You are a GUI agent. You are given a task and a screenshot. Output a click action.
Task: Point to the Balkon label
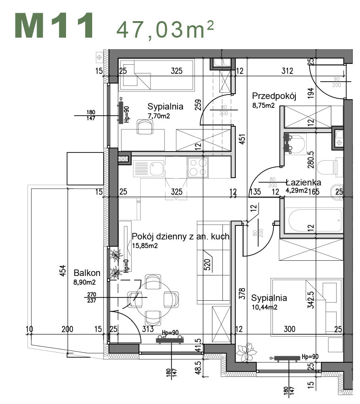87,273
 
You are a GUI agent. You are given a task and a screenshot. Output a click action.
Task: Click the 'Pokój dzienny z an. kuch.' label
181,236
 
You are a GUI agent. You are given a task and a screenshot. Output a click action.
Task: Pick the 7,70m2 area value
159,116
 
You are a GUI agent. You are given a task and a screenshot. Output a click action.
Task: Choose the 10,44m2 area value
264,307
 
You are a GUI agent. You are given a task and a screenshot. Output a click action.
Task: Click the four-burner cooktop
198,167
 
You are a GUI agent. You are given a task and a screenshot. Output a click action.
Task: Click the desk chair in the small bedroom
145,126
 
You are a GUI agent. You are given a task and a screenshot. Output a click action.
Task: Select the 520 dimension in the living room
207,265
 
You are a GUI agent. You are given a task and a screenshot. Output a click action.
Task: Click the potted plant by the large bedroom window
247,353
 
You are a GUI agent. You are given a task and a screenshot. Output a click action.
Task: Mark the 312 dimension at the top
287,71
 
